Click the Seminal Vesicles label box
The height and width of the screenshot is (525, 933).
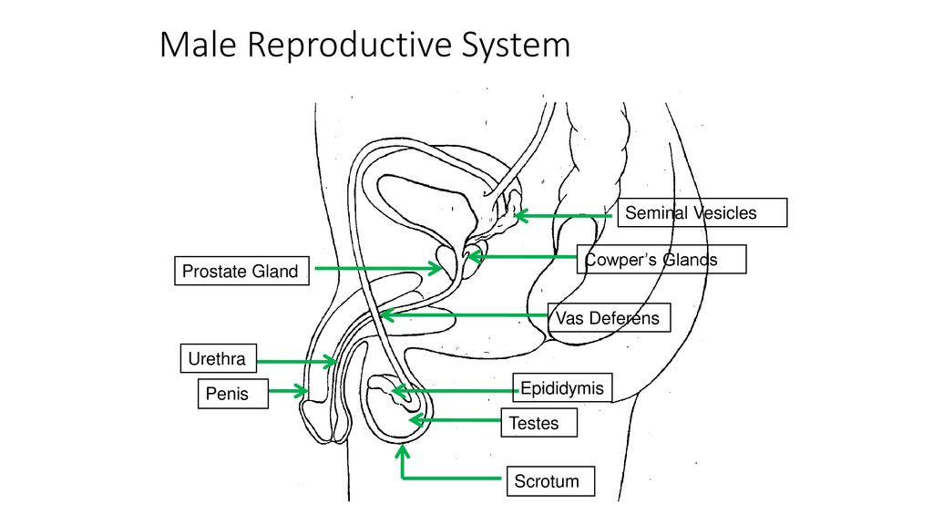click(702, 213)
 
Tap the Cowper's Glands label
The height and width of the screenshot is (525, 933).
click(661, 260)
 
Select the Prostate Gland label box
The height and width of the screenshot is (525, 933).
click(241, 272)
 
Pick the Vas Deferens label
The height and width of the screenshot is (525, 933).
click(610, 318)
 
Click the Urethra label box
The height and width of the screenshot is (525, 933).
click(218, 359)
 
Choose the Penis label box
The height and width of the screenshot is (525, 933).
click(232, 395)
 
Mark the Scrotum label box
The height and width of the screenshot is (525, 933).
click(549, 481)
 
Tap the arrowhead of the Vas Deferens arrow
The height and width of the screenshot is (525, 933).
click(383, 315)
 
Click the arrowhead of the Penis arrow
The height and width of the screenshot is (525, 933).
click(305, 391)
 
